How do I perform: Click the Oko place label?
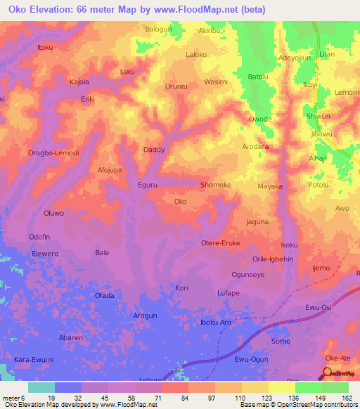pyautogui.click(x=181, y=202)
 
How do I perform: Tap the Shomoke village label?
pyautogui.click(x=216, y=185)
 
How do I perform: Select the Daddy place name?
pyautogui.click(x=154, y=150)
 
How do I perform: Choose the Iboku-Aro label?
pyautogui.click(x=216, y=323)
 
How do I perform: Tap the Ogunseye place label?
pyautogui.click(x=247, y=275)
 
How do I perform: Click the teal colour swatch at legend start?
pyautogui.click(x=41, y=387)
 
